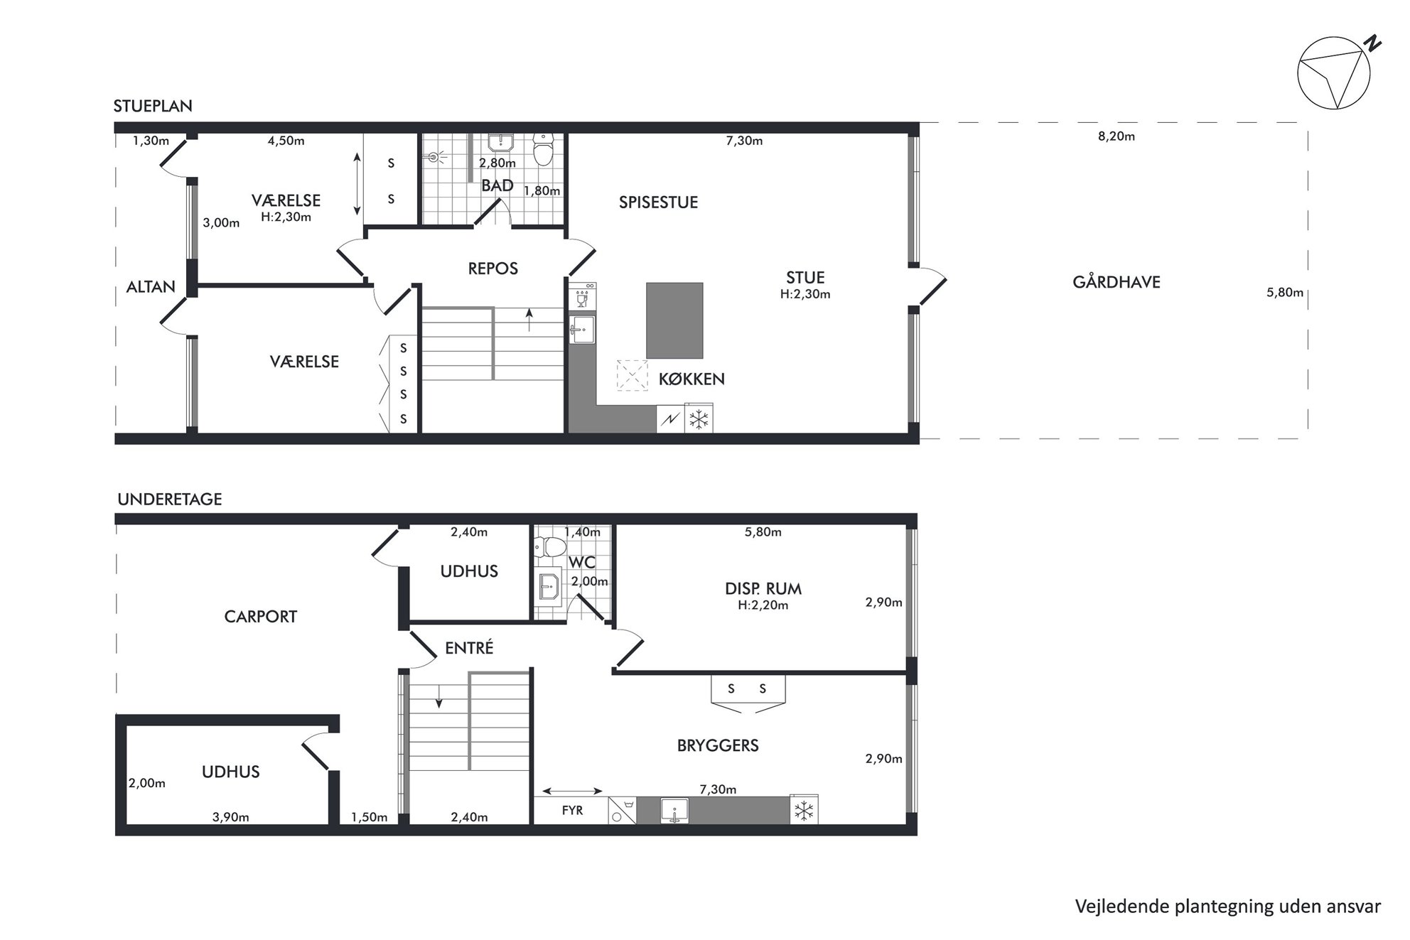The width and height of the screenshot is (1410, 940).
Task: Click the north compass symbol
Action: pos(1334,74)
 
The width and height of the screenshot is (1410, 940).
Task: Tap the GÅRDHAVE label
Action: pos(1116,282)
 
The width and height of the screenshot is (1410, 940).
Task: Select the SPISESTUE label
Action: pos(658,202)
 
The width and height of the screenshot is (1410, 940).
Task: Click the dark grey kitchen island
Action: pos(674,320)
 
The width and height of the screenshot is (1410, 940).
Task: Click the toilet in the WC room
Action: pos(550,546)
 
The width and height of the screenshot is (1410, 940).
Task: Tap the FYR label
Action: pos(572,810)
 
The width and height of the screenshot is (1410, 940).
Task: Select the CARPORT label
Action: pos(260,617)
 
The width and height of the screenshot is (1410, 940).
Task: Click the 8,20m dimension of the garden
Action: pos(1116,136)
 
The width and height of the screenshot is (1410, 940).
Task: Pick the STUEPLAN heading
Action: pos(153,107)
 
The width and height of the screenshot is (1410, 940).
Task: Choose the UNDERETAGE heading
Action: pos(170,499)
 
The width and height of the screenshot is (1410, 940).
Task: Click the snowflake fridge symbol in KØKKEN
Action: pos(699,419)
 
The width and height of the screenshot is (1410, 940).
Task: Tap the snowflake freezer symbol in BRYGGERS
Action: pos(804,810)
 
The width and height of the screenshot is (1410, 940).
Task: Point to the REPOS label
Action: pos(493,269)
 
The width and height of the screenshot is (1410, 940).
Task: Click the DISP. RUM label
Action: pos(763,589)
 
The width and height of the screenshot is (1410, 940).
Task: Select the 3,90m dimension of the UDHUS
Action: pos(231,817)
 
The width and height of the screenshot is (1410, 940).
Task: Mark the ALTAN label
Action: pos(151,287)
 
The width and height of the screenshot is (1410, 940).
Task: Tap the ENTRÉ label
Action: pos(469,648)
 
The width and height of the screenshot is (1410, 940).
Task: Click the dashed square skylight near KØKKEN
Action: pos(632,375)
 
